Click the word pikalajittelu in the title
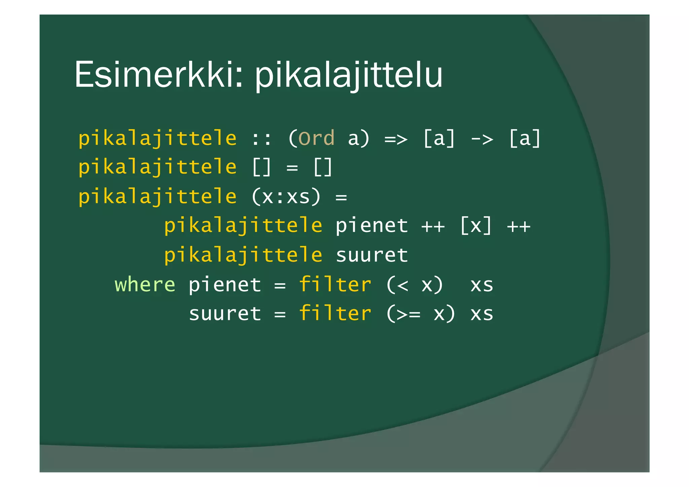coord(349,75)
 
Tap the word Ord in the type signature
coord(316,138)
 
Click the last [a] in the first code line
coord(524,138)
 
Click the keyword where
coord(145,285)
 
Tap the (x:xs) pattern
coord(286,197)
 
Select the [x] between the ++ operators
coord(476,225)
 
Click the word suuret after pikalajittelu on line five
coord(372,255)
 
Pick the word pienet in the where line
coord(225,285)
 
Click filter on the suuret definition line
coord(335,313)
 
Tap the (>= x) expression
coord(421,314)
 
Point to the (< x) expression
coord(414,285)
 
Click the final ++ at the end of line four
coord(518,226)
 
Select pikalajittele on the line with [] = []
coord(157,167)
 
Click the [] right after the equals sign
coord(323,167)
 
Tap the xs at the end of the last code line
coord(482,314)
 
